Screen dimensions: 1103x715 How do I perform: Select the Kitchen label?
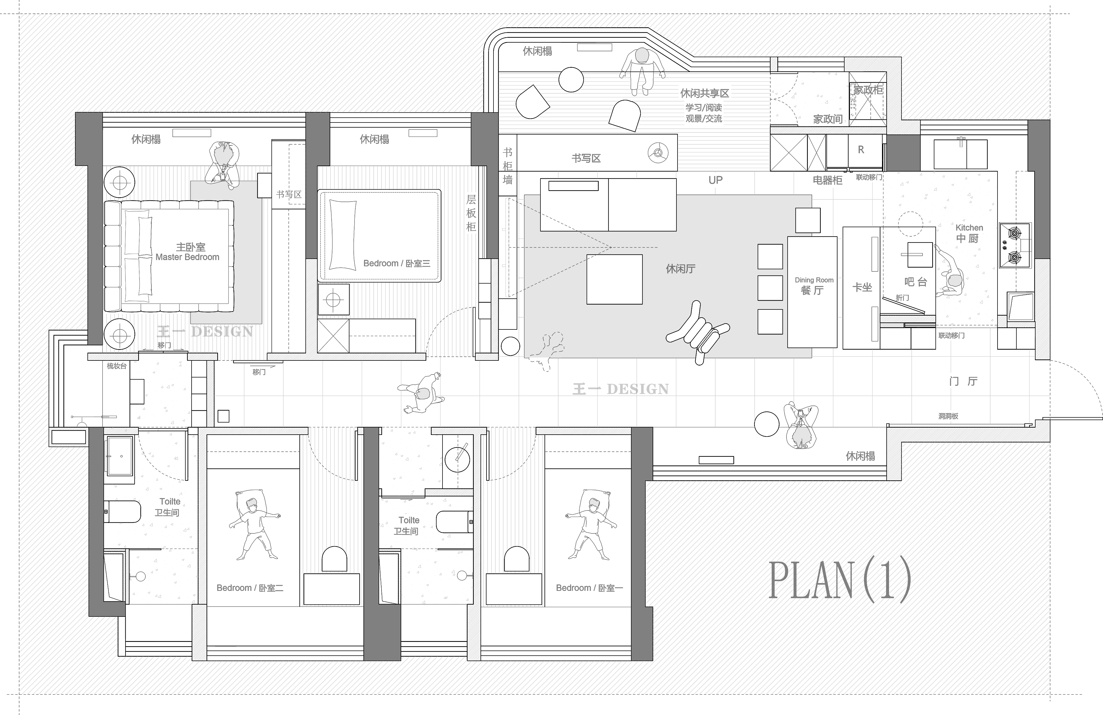(x=969, y=227)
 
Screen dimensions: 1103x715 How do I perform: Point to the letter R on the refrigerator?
(x=861, y=150)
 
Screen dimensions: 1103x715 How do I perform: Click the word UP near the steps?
(x=715, y=180)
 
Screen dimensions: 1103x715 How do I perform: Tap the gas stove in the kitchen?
(x=1015, y=245)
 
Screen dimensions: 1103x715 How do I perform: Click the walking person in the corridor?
(x=421, y=393)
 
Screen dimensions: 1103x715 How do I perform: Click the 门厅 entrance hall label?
(x=963, y=381)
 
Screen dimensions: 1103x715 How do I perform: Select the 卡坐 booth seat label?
(x=862, y=287)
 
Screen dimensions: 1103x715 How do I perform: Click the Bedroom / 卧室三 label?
(x=397, y=263)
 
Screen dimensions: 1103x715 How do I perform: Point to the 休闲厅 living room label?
(x=680, y=269)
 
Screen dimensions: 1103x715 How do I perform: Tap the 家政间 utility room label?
(x=828, y=119)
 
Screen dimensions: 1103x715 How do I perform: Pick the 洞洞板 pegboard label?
(x=948, y=416)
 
